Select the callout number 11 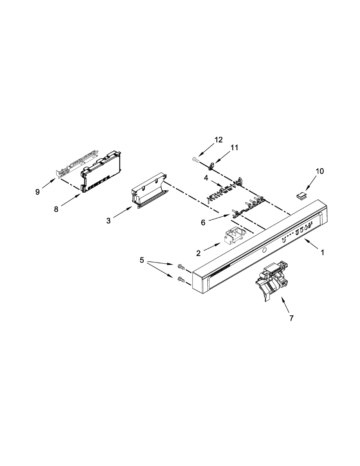234,148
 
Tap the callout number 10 319,171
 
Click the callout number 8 57,209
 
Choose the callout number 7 292,318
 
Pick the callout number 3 108,221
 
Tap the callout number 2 198,253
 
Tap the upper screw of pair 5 181,266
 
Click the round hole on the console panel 264,250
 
